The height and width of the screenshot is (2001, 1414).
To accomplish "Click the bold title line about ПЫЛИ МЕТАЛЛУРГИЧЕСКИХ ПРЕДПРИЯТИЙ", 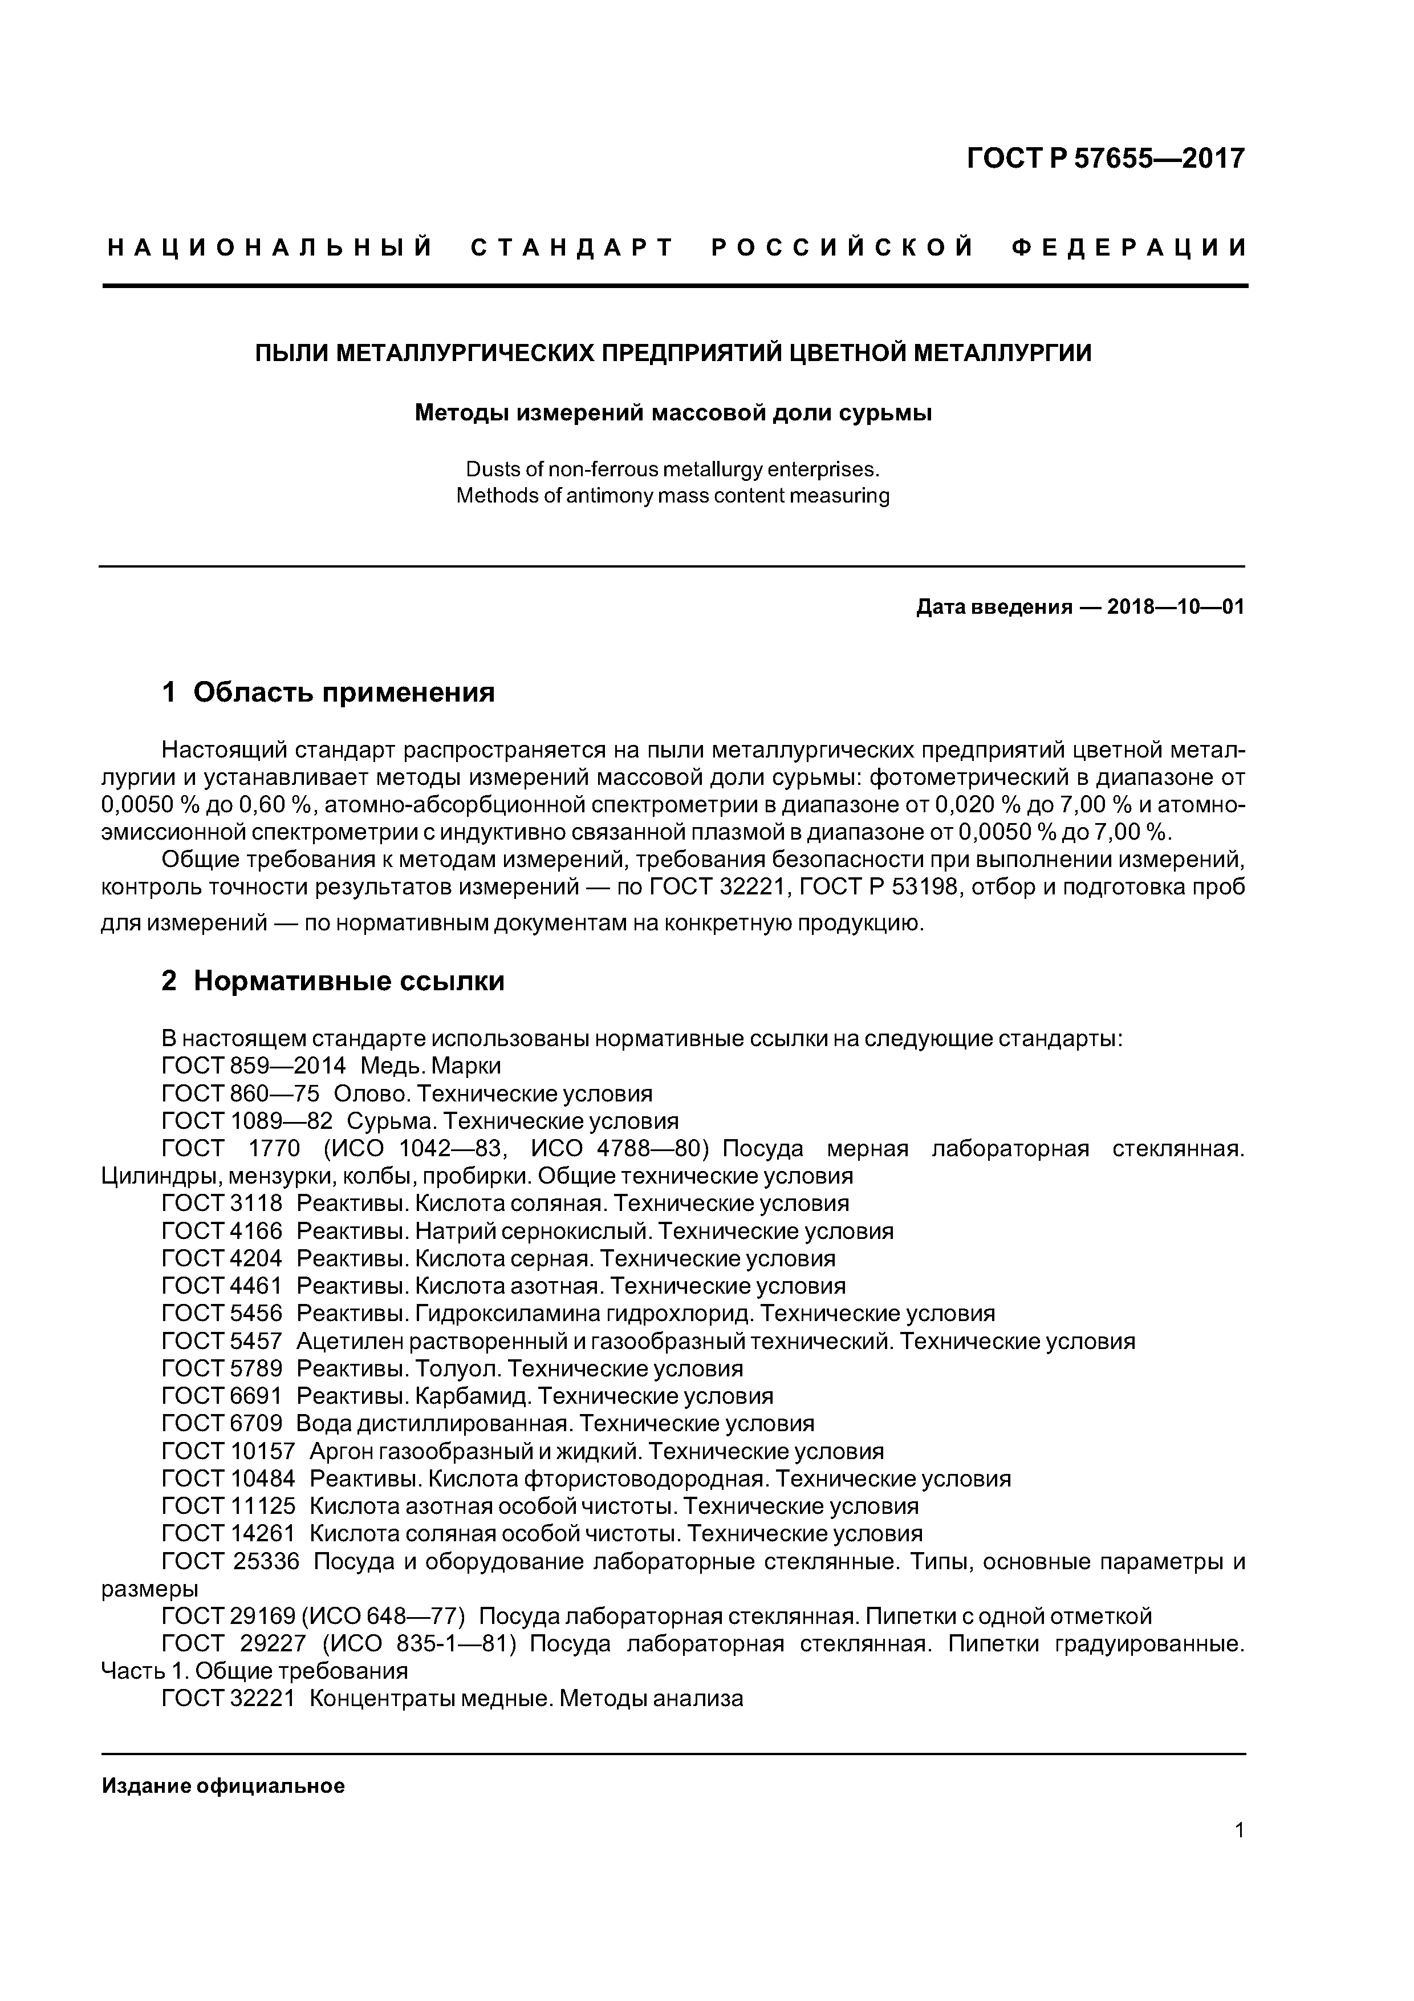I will [x=673, y=353].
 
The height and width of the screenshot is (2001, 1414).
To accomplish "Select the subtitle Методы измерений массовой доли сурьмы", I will [x=673, y=412].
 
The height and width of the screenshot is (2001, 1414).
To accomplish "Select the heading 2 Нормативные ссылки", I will [x=333, y=981].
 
